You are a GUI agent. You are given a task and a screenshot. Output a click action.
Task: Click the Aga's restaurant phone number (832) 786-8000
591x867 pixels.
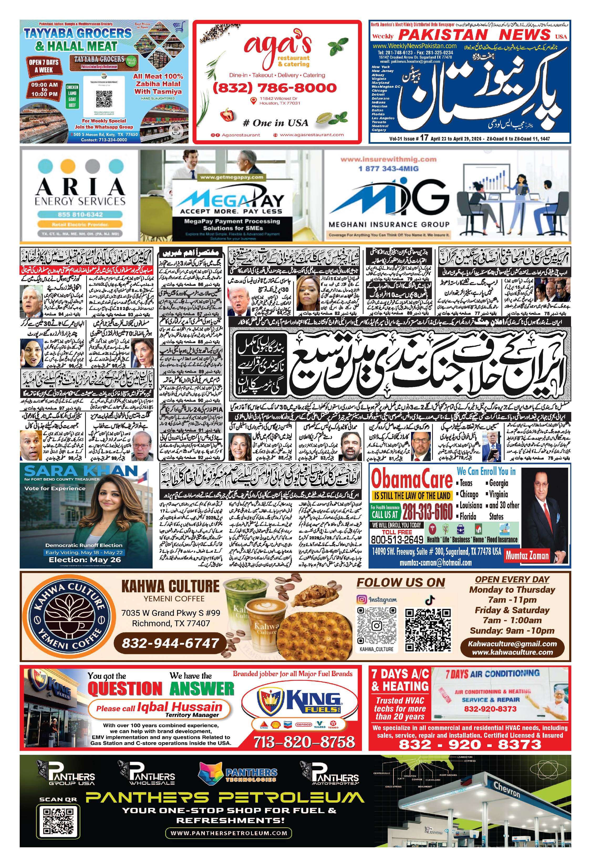[x=274, y=88]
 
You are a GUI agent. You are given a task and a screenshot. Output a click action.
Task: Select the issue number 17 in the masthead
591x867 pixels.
[x=424, y=138]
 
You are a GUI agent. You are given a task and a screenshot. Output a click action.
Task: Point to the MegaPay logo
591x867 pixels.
[x=230, y=200]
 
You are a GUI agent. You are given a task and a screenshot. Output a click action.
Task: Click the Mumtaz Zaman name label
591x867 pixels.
[x=527, y=555]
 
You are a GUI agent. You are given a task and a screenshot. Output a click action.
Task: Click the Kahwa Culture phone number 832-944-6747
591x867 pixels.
[x=170, y=643]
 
